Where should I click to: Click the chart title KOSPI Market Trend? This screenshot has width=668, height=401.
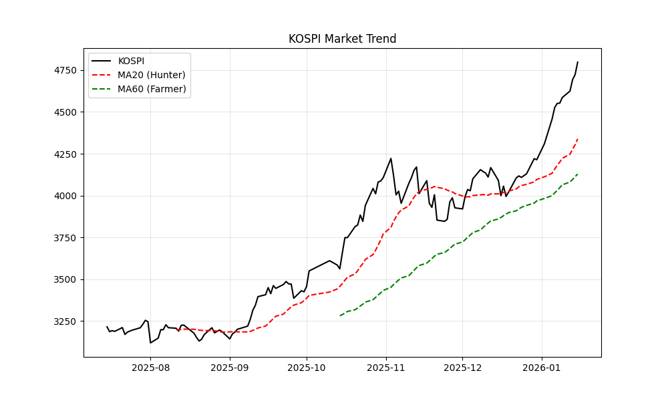click(x=342, y=39)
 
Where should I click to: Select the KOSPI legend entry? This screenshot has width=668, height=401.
click(x=131, y=61)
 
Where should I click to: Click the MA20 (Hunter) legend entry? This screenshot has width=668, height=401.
click(x=152, y=75)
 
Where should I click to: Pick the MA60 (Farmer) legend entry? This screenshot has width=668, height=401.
click(x=152, y=89)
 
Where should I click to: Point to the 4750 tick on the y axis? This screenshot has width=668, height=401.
click(x=67, y=70)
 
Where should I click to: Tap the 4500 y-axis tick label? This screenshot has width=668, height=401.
click(x=67, y=112)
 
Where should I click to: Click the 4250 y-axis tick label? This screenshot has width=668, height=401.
click(x=67, y=154)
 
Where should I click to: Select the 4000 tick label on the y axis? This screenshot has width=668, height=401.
click(x=67, y=196)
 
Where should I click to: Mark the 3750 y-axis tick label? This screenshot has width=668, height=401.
click(x=67, y=238)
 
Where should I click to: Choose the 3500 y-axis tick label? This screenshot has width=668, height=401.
click(x=67, y=279)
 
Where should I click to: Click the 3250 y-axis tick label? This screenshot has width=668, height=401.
click(x=67, y=321)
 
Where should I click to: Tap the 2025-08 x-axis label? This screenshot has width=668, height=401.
click(x=150, y=367)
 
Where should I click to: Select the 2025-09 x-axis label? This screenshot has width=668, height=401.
click(x=230, y=367)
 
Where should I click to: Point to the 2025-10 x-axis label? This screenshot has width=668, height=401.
click(x=307, y=367)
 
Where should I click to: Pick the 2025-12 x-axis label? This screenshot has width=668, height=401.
click(x=462, y=367)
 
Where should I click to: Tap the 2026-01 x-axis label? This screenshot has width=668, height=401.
click(x=542, y=367)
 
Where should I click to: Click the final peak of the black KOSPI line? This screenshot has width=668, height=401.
click(x=578, y=62)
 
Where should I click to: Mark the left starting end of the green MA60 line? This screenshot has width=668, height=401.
click(x=340, y=315)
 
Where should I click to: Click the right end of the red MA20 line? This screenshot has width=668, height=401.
click(x=578, y=138)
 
